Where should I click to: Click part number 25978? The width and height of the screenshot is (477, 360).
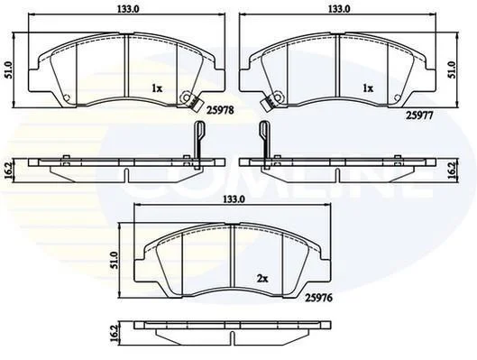click(220, 110)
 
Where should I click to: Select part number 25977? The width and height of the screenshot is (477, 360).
click(419, 115)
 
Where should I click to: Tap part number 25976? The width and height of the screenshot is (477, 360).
click(318, 298)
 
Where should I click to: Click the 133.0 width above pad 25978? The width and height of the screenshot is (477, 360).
click(127, 9)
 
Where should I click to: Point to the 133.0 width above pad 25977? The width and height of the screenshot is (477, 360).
click(339, 9)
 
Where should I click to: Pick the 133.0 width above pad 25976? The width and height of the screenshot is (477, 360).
click(234, 199)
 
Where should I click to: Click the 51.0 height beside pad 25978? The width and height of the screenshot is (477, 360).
click(8, 70)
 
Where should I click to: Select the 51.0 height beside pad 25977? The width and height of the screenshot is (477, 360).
click(453, 69)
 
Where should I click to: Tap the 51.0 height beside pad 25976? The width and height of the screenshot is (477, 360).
click(115, 260)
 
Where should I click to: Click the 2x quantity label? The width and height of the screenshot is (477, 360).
click(261, 278)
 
